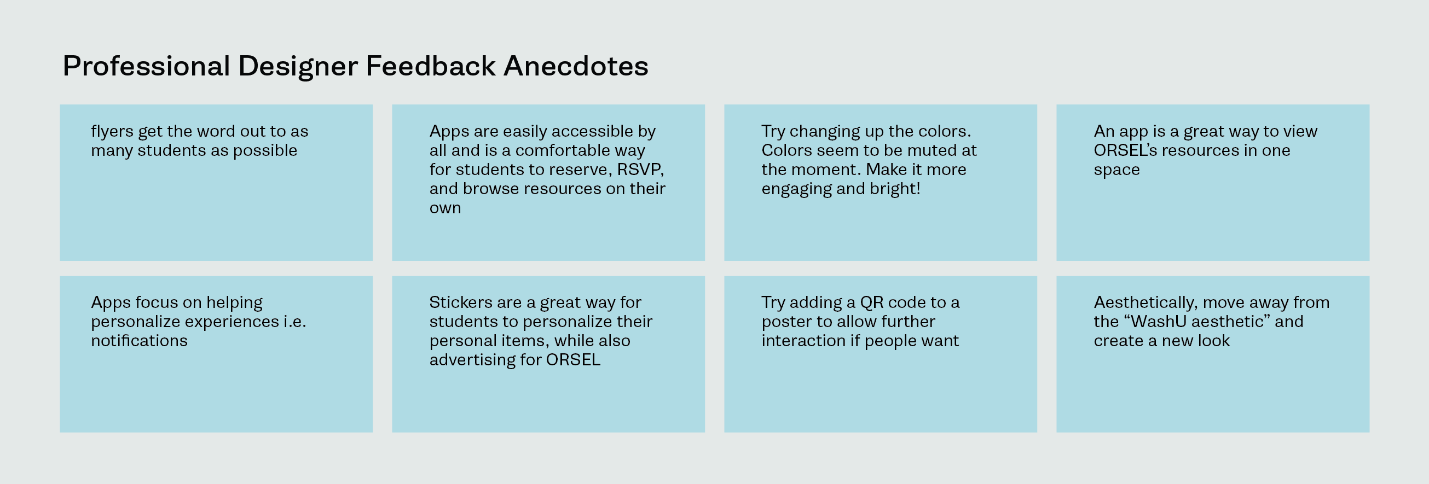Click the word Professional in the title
(147, 66)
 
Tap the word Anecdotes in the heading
(576, 66)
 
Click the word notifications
(139, 340)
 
